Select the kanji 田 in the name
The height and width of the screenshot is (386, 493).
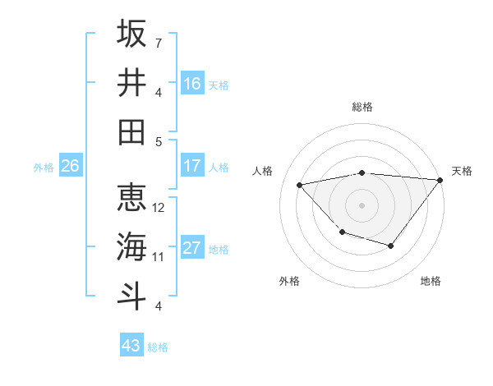pyautogui.click(x=131, y=131)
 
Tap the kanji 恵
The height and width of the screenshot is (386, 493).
pyautogui.click(x=131, y=198)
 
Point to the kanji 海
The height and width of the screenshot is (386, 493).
pyautogui.click(x=131, y=246)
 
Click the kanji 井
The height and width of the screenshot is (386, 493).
pyautogui.click(x=131, y=82)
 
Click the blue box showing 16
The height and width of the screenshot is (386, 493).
pyautogui.click(x=192, y=83)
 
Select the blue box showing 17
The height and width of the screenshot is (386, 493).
pyautogui.click(x=192, y=166)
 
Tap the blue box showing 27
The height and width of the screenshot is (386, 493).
pyautogui.click(x=192, y=248)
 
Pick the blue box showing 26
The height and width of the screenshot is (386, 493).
pyautogui.click(x=70, y=166)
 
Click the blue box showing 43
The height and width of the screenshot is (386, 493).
pyautogui.click(x=131, y=346)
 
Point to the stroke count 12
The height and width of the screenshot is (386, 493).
pyautogui.click(x=159, y=207)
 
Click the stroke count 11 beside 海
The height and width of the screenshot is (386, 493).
pyautogui.click(x=159, y=256)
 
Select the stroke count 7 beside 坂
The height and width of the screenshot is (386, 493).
pyautogui.click(x=159, y=42)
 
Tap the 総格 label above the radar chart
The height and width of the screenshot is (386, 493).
pyautogui.click(x=362, y=107)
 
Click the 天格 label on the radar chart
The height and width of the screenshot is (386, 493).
pyautogui.click(x=462, y=171)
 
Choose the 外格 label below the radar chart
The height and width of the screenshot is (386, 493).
pyautogui.click(x=289, y=281)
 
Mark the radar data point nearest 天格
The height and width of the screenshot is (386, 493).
pyautogui.click(x=440, y=180)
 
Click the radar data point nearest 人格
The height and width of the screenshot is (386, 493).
pyautogui.click(x=300, y=185)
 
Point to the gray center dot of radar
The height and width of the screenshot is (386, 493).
pyautogui.click(x=362, y=204)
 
